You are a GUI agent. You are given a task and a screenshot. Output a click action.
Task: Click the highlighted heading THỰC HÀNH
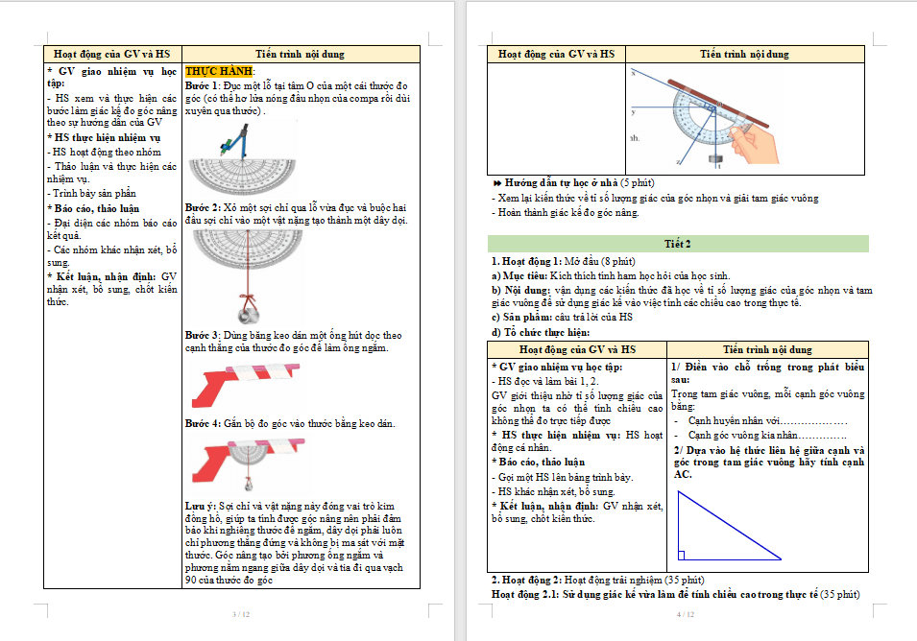pyautogui.click(x=220, y=72)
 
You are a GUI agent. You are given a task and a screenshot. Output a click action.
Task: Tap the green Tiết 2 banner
pyautogui.click(x=678, y=244)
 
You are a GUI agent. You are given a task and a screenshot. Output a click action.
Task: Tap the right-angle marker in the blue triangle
pyautogui.click(x=682, y=555)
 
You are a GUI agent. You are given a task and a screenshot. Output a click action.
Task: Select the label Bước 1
pyautogui.click(x=203, y=85)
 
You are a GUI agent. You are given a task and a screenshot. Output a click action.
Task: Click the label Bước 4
pyautogui.click(x=203, y=423)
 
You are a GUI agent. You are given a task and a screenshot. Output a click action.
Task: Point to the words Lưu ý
pyautogui.click(x=201, y=504)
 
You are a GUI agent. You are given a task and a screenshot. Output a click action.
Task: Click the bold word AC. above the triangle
pyautogui.click(x=683, y=474)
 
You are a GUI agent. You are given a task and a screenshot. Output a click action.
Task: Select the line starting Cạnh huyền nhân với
pyautogui.click(x=759, y=420)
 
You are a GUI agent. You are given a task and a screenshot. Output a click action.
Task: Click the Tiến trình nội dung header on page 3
pyautogui.click(x=300, y=55)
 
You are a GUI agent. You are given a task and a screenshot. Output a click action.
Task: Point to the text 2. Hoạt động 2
pyautogui.click(x=526, y=580)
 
